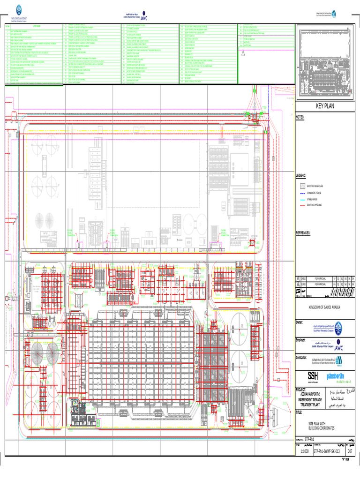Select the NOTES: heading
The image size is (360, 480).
[300, 117]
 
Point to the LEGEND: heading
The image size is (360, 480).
[301, 175]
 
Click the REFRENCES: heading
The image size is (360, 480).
[304, 232]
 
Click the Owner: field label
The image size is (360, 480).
[300, 322]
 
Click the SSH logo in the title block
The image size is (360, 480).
[313, 376]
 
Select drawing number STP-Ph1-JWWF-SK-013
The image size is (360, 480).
[327, 452]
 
